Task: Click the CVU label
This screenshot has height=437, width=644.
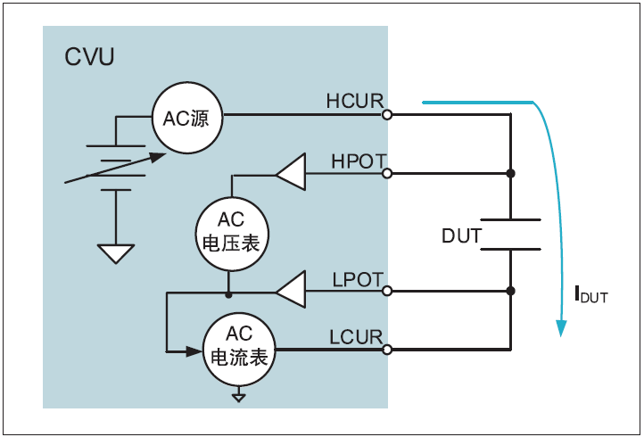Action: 89,59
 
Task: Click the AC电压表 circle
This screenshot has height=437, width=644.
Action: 231,232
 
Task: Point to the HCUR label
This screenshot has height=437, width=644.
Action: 354,101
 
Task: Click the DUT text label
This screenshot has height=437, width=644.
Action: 462,236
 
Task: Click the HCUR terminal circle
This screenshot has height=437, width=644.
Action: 387,115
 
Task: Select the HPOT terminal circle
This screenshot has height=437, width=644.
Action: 387,174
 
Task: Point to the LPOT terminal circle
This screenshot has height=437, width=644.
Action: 387,291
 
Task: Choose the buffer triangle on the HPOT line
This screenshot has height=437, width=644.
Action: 292,174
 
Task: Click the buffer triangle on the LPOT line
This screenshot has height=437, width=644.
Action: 292,291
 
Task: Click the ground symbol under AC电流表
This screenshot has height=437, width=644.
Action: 238,396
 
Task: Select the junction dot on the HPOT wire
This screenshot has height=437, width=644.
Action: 510,174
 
